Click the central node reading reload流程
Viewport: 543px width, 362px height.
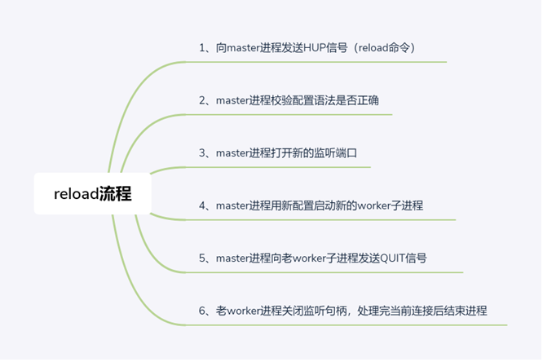coord(92,193)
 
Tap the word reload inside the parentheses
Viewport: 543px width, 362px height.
coord(373,48)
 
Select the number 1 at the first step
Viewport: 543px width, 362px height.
coord(202,48)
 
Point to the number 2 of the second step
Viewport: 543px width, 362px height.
coord(202,100)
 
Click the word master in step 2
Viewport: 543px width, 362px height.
coord(232,101)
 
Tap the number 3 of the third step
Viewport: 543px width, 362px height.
coord(202,153)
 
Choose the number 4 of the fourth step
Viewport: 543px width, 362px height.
coord(202,205)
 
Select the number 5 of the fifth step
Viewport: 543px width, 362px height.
coord(202,258)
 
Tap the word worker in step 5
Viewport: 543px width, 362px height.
coord(310,258)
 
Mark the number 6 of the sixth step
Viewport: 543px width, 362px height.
coord(202,311)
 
